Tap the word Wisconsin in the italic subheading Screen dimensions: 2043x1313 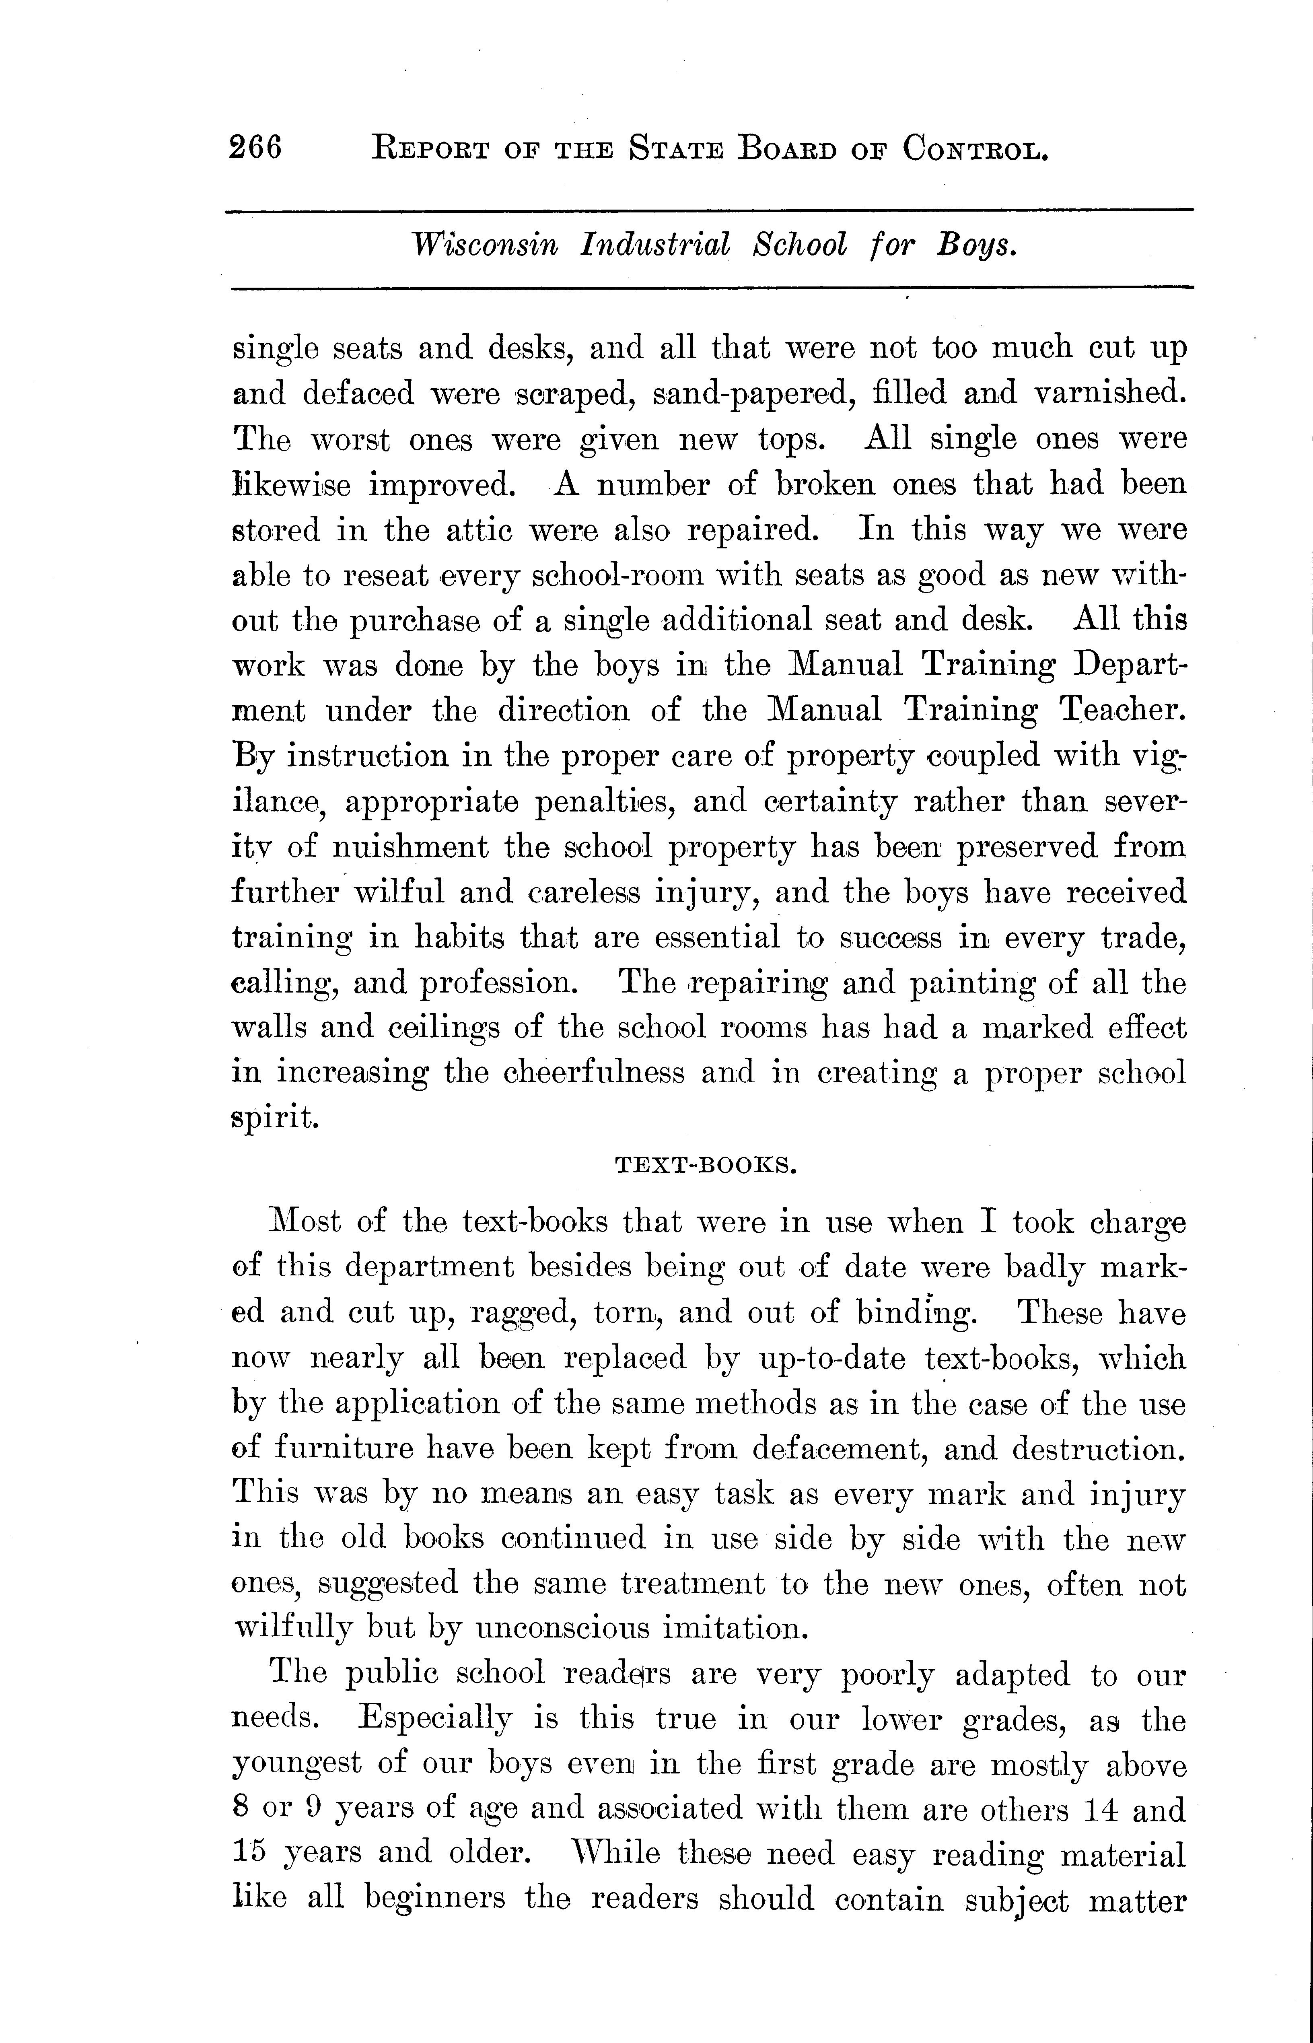point(484,245)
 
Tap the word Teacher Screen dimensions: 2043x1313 point(1123,710)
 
